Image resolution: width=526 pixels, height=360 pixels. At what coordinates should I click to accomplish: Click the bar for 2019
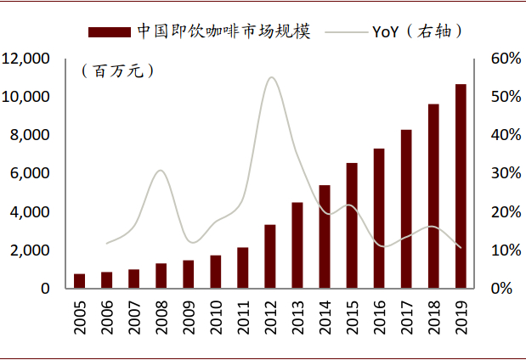tap(461, 186)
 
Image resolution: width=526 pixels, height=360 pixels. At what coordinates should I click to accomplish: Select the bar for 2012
tap(270, 256)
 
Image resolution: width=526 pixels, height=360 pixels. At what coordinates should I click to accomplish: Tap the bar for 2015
tap(352, 225)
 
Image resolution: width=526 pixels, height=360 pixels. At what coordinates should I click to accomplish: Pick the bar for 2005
tap(80, 281)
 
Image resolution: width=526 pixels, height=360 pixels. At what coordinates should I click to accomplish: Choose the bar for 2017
tap(406, 209)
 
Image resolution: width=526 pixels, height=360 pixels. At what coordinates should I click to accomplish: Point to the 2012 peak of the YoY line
tap(271, 77)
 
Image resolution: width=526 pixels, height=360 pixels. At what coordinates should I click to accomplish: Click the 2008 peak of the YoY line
tap(161, 171)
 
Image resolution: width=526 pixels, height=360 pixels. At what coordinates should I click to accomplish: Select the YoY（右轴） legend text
tap(417, 32)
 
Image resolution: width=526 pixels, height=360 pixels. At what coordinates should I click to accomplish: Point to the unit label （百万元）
tap(117, 71)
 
